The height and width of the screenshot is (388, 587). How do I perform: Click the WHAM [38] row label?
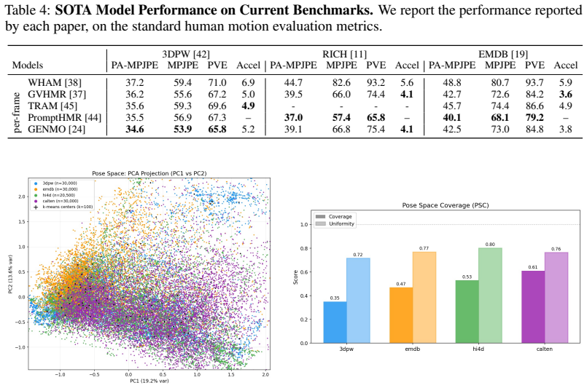pos(54,82)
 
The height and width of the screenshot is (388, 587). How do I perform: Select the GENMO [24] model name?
pos(57,130)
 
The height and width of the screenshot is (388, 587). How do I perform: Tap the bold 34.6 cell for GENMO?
pos(134,130)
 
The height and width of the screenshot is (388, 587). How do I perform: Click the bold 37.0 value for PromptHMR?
pos(293,118)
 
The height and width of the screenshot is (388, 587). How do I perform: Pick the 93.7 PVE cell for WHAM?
pos(534,82)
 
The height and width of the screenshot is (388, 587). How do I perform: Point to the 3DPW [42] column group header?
pos(186,54)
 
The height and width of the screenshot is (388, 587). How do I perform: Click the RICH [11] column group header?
pos(344,54)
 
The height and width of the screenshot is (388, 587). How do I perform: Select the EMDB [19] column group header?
pos(502,54)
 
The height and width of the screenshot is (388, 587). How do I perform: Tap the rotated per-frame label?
pos(18,113)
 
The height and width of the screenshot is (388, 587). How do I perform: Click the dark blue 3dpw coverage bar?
pos(335,322)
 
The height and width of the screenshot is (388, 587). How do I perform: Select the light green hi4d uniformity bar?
pos(490,296)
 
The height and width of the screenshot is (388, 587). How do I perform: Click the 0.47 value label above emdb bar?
pos(401,284)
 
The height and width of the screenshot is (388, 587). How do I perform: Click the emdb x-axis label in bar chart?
pos(413,349)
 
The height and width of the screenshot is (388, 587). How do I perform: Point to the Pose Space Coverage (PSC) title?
pos(446,205)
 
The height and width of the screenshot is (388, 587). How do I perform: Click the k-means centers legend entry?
pos(63,207)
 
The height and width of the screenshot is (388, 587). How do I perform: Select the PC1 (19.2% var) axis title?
pos(149,381)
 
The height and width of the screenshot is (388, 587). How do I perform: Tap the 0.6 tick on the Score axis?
pos(303,272)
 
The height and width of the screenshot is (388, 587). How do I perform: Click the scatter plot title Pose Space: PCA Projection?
pos(149,173)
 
